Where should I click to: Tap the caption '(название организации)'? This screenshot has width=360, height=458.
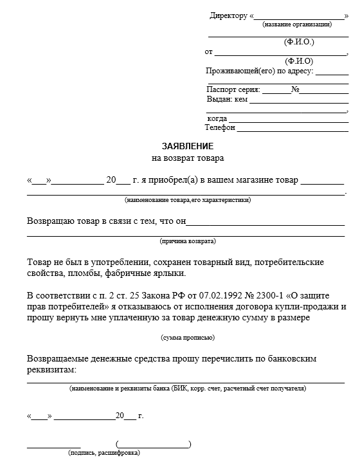pos(297,24)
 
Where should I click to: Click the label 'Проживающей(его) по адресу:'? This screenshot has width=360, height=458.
pos(259,71)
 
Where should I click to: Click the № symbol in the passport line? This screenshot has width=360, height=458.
pos(295,90)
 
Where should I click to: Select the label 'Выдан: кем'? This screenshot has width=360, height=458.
pos(227,100)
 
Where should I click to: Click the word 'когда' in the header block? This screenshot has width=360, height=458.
pos(217,119)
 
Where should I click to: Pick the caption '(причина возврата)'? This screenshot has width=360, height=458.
pos(188,241)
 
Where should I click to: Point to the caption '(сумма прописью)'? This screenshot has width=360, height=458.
pos(188,338)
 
